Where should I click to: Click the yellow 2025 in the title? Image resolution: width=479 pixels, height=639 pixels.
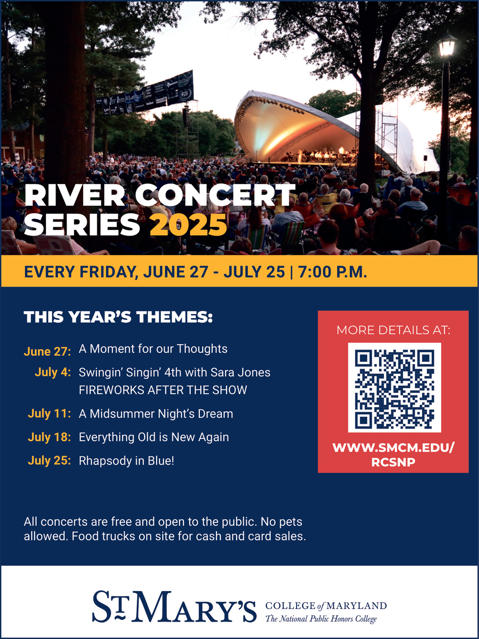tap(188, 224)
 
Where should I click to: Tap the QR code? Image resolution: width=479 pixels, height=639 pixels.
tap(394, 387)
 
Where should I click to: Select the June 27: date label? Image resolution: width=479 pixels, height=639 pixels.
tap(47, 351)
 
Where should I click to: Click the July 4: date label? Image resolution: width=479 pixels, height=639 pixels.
tap(53, 372)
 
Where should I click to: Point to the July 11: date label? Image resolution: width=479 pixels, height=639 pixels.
tap(49, 414)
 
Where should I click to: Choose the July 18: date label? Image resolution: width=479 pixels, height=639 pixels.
tap(49, 437)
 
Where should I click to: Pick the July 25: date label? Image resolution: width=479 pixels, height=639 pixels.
tap(49, 461)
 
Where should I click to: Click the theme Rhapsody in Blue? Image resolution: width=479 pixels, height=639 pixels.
tap(126, 461)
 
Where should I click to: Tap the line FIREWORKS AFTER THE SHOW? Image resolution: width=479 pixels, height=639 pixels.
tap(163, 390)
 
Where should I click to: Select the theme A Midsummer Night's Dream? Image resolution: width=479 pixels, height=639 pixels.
tap(156, 414)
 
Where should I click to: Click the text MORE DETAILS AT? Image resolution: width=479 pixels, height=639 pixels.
tap(393, 330)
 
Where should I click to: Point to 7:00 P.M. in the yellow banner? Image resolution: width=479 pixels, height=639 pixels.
tap(332, 272)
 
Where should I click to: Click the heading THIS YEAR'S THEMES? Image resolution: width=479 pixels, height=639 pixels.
tap(118, 317)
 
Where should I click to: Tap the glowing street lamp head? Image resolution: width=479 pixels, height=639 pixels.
tap(447, 45)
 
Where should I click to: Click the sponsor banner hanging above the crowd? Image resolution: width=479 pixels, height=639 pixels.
tap(145, 93)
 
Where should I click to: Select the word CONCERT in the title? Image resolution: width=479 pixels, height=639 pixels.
tap(215, 196)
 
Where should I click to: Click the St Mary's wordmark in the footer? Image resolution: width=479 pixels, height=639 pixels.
tap(174, 607)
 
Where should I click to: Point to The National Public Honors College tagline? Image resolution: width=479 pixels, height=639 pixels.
tap(321, 618)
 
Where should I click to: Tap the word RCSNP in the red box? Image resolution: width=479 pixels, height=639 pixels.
tap(393, 462)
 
